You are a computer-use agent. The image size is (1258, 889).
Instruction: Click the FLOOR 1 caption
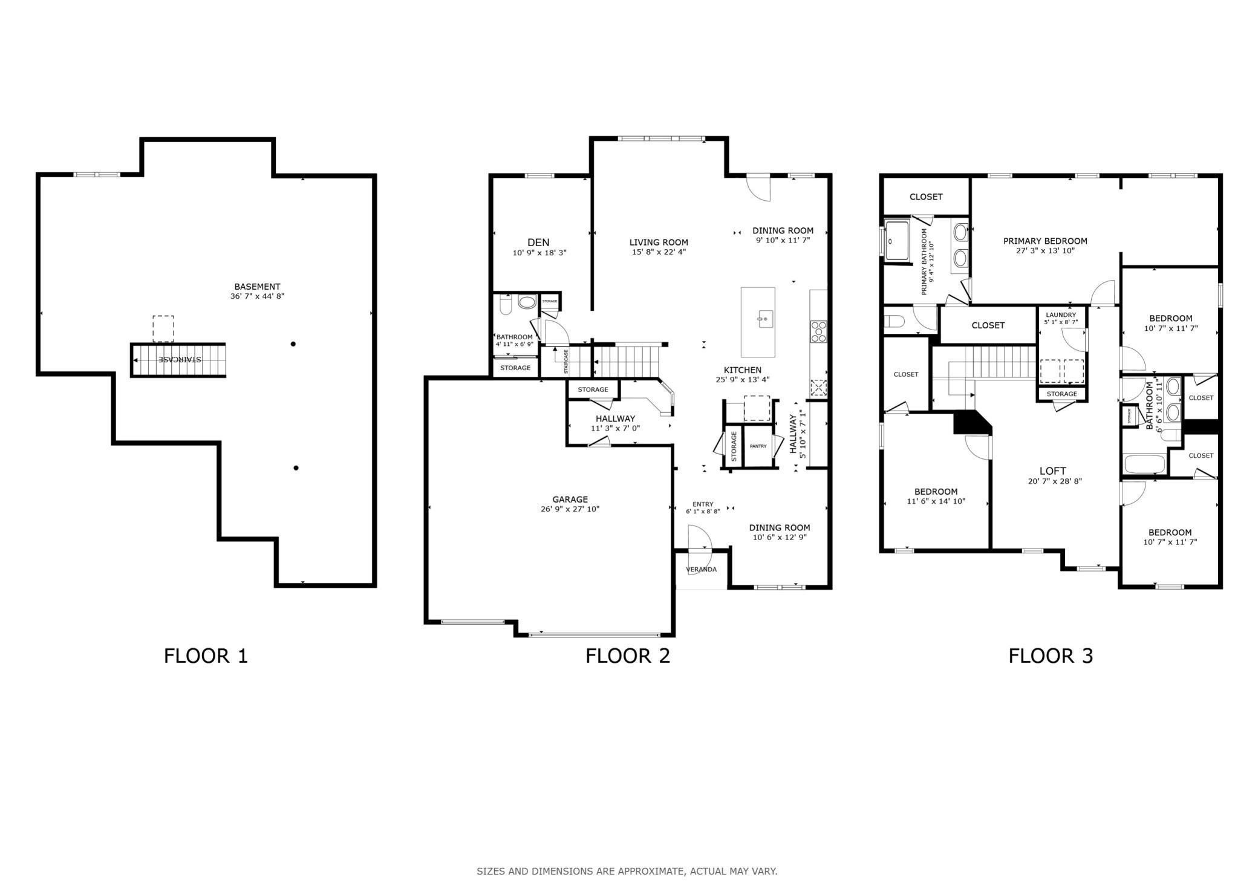[206, 656]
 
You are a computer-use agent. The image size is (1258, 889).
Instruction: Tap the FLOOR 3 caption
[1051, 656]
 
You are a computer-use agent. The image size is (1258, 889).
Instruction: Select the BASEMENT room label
[258, 287]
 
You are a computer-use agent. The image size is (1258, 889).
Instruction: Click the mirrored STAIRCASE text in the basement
[180, 359]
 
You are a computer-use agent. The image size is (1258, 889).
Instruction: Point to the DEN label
[538, 243]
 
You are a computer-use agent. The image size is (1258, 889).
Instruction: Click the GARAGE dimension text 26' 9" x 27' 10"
[570, 509]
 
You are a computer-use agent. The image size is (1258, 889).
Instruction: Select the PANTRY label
[758, 446]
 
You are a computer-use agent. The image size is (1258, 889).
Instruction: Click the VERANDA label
[702, 570]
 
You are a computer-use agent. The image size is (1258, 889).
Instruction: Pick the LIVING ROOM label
[659, 243]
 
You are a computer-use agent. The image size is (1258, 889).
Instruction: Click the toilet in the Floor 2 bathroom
[506, 304]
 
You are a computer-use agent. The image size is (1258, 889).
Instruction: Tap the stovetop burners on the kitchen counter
[819, 331]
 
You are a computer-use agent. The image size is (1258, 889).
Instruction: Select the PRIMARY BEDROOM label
[1045, 241]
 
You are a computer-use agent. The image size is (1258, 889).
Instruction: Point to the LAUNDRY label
[1061, 315]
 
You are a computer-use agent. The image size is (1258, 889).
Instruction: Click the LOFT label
[1053, 471]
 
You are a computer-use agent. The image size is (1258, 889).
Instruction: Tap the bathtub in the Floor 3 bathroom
[1144, 464]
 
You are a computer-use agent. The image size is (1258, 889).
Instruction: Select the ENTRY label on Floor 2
[703, 504]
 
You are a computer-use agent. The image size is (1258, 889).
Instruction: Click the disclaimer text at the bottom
[627, 871]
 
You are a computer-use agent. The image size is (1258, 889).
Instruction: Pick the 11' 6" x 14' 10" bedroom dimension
[936, 501]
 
